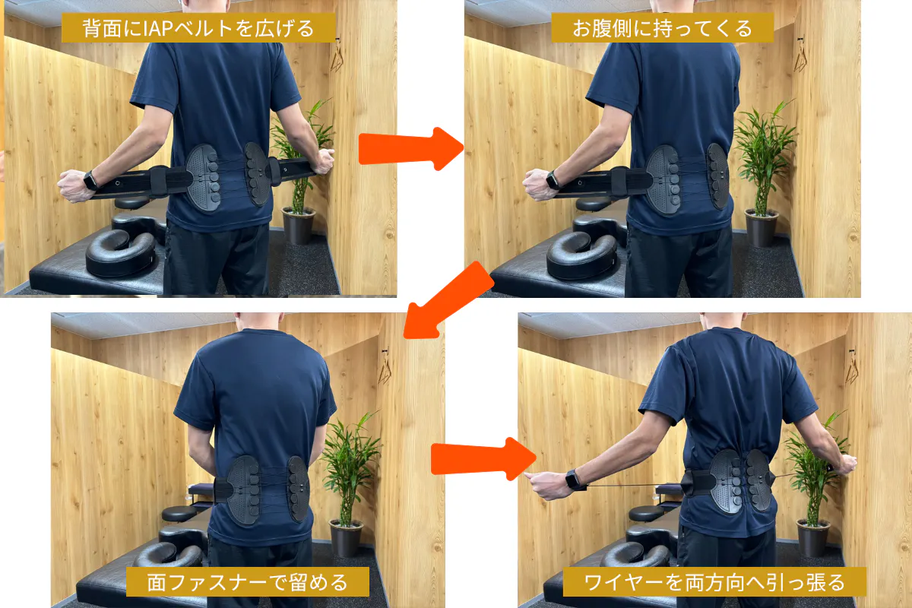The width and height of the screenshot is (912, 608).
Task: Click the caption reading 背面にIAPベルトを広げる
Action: (198, 29)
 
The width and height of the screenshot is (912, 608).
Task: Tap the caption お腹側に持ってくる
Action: (662, 29)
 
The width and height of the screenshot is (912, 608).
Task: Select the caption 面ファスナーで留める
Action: (247, 582)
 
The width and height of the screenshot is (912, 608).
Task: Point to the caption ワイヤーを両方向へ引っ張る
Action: (714, 582)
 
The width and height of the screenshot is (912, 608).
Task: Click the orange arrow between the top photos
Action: (410, 149)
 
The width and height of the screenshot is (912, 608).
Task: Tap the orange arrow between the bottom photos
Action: (483, 459)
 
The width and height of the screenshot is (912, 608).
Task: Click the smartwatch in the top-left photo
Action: (90, 180)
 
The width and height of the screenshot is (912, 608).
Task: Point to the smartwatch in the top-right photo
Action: (553, 180)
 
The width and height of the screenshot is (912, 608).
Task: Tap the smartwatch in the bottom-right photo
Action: (573, 480)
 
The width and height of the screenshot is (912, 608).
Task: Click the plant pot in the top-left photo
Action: (299, 225)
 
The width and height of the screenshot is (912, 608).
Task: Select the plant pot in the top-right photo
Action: (761, 227)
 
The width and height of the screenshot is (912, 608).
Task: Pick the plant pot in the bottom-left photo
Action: (346, 538)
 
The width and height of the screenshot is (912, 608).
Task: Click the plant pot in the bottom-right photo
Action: (813, 538)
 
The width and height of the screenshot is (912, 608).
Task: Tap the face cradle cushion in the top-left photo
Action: (121, 252)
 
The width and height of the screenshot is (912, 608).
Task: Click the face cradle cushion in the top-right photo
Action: (582, 255)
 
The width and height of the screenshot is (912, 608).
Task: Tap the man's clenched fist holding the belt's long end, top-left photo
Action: (73, 185)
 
